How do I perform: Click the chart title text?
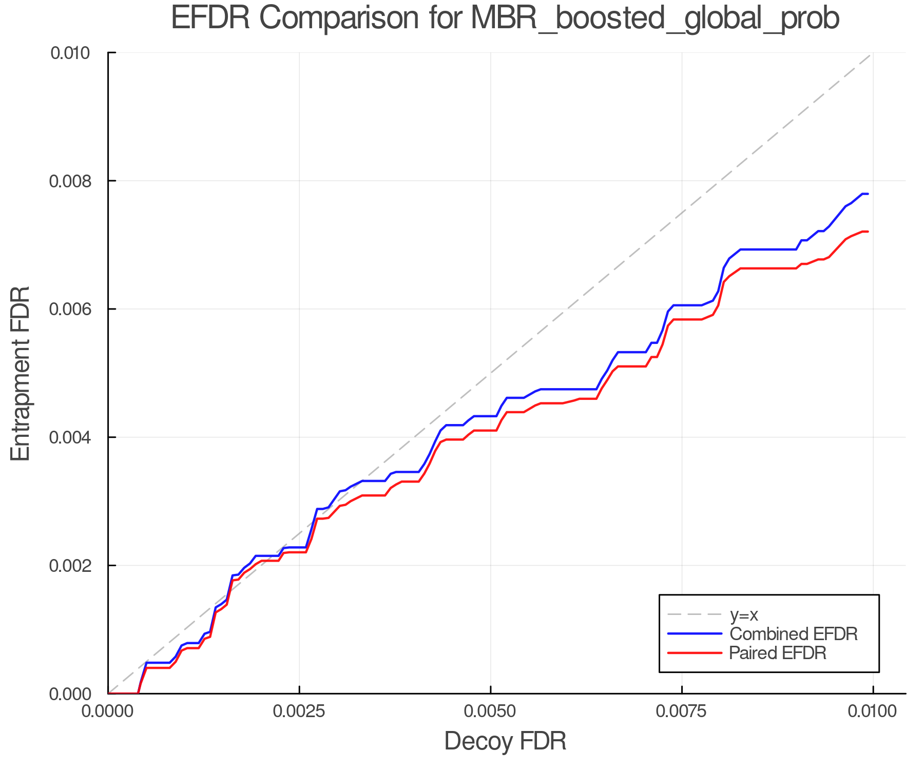(x=505, y=18)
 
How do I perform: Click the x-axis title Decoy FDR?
(x=505, y=741)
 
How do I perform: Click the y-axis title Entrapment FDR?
(x=21, y=373)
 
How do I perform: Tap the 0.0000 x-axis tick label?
(x=108, y=711)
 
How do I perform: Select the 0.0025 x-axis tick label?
(x=299, y=711)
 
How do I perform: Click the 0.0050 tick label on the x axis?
(x=491, y=711)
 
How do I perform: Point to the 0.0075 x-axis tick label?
(x=682, y=711)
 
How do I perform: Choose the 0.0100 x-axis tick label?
(x=873, y=711)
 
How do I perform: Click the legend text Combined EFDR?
(x=794, y=634)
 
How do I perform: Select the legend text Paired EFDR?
(x=778, y=653)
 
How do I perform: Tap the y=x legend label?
(x=744, y=614)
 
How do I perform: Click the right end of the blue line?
(x=868, y=194)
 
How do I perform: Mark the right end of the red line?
(x=868, y=232)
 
